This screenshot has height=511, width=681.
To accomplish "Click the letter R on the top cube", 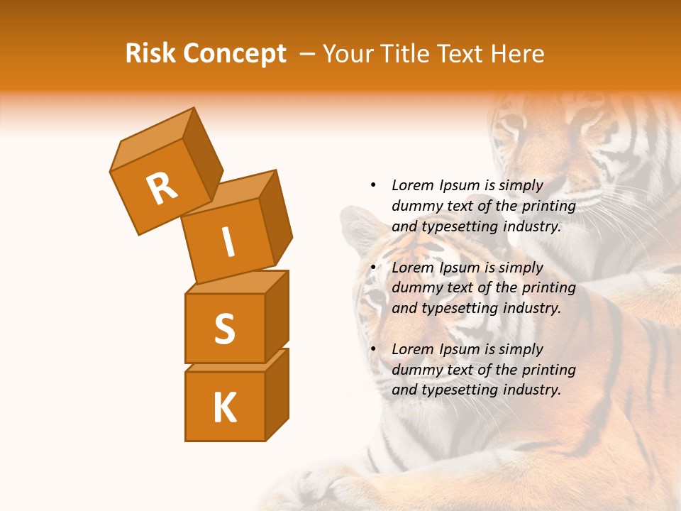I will click(162, 189).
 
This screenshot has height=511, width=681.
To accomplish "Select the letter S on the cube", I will click(224, 329).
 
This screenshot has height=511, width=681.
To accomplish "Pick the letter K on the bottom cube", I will click(224, 408).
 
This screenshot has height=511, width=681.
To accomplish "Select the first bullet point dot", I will click(372, 185).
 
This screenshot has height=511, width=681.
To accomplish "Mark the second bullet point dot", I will click(372, 268).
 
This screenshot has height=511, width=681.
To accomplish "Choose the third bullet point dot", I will click(372, 349).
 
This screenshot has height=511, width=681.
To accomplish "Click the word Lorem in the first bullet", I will click(412, 185).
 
